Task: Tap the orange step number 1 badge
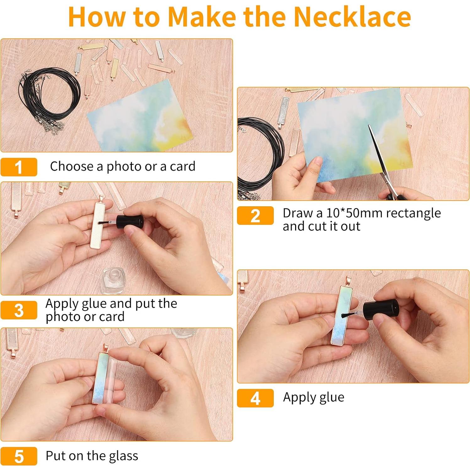click(x=19, y=167)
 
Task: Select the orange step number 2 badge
click(x=255, y=216)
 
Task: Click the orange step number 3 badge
click(x=19, y=310)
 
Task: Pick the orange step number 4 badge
click(x=255, y=398)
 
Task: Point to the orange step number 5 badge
click(x=19, y=456)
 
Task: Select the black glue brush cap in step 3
click(x=130, y=222)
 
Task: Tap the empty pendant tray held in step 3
click(x=100, y=224)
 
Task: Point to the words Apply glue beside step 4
click(x=314, y=398)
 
